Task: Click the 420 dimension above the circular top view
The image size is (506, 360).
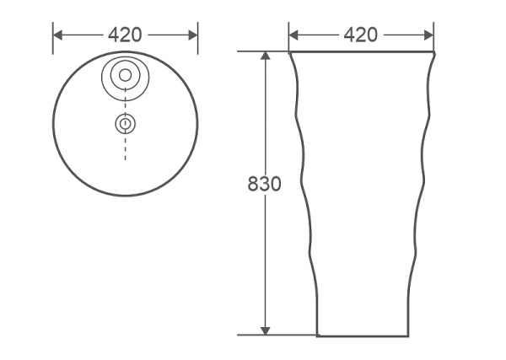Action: [x=125, y=35]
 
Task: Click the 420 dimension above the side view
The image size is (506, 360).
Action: [x=360, y=35]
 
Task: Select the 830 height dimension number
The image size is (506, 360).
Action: [x=264, y=184]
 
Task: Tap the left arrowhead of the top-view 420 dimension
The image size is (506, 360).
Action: [x=57, y=35]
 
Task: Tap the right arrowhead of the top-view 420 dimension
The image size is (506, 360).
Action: [x=193, y=35]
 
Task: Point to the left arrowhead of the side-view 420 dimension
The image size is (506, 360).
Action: [x=293, y=35]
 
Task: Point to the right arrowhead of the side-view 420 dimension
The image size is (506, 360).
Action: [x=429, y=35]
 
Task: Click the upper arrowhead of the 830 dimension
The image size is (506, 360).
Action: [x=266, y=56]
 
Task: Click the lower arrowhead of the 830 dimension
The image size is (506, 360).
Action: [x=266, y=330]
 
